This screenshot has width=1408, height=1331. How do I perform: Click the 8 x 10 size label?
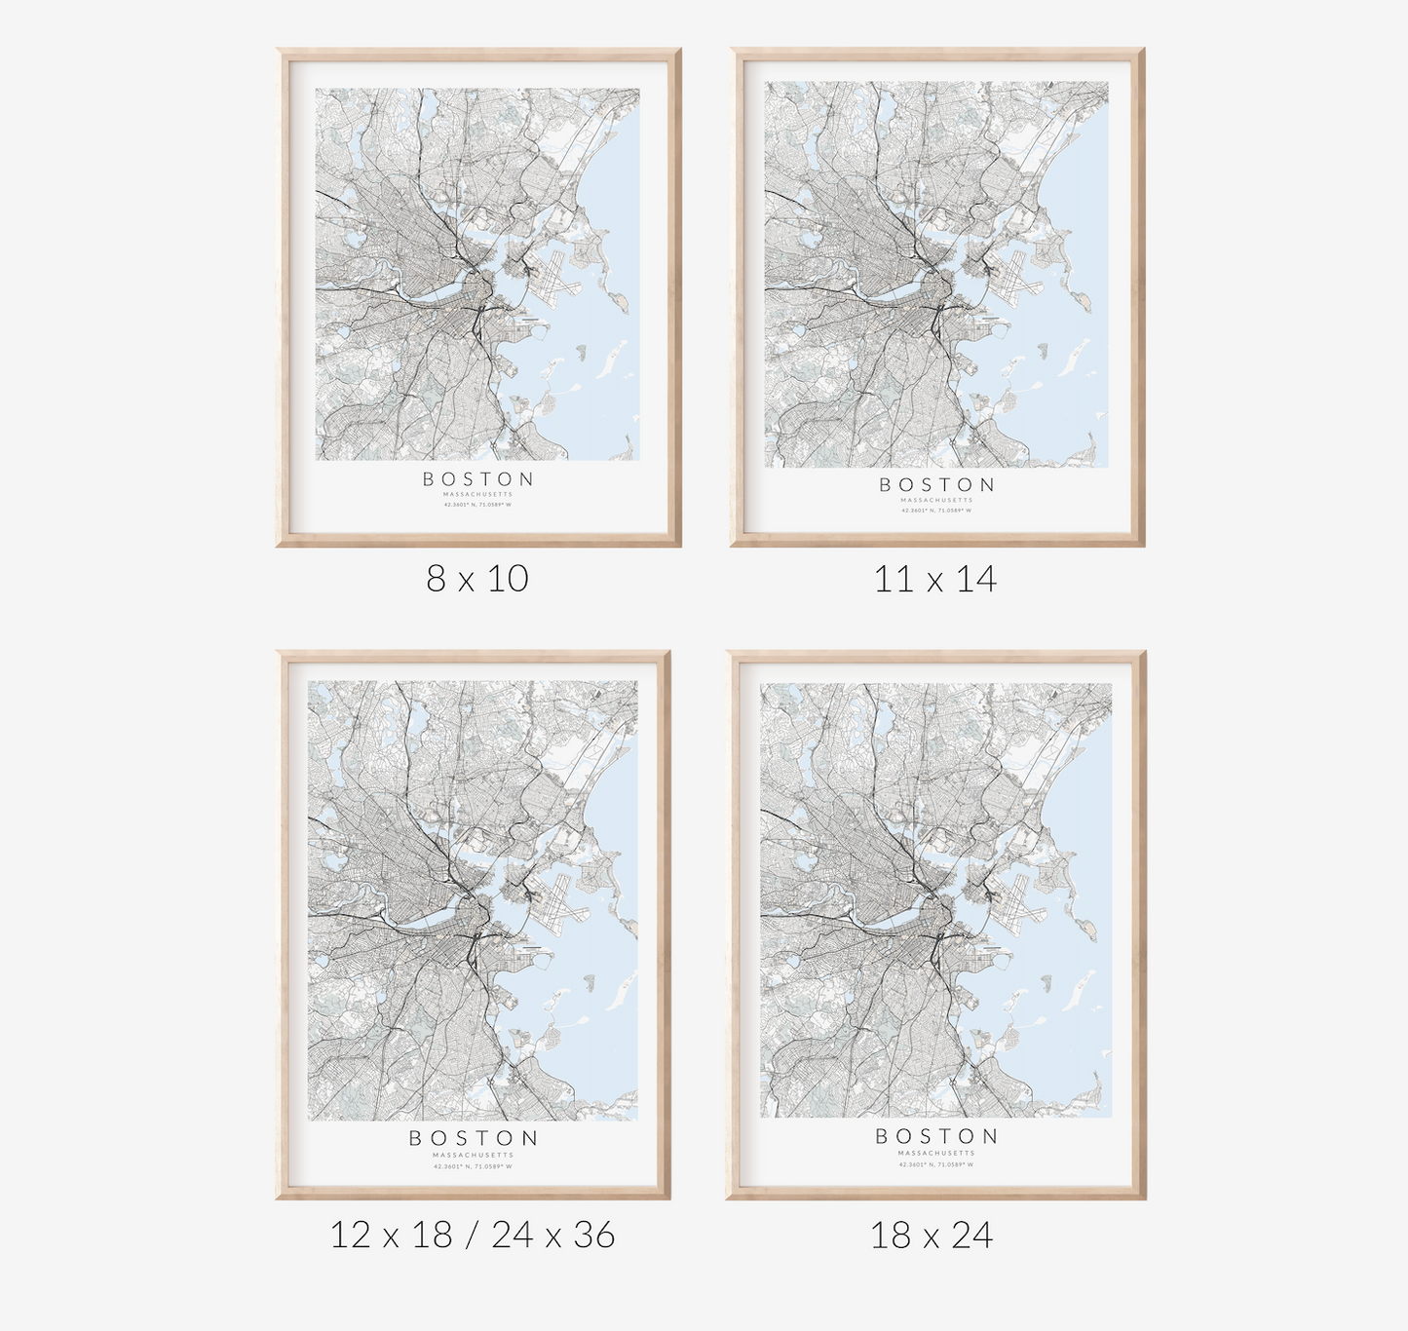click(477, 578)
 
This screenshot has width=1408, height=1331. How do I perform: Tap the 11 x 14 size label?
click(935, 580)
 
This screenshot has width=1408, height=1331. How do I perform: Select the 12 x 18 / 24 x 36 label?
click(473, 1236)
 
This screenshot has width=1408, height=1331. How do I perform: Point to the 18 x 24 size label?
click(932, 1236)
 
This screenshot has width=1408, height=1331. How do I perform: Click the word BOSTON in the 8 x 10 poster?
click(478, 479)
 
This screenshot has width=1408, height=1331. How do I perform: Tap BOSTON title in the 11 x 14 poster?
click(937, 485)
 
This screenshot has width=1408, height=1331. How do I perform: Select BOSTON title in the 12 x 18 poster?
click(474, 1138)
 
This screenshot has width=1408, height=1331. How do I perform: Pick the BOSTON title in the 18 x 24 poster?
click(936, 1136)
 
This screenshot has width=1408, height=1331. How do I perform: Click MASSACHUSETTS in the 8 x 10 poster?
click(478, 495)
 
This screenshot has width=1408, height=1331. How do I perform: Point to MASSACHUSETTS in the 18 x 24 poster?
click(936, 1153)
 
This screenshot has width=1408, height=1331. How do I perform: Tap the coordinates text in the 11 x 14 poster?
click(936, 510)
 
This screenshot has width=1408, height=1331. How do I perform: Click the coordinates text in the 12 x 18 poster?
click(473, 1166)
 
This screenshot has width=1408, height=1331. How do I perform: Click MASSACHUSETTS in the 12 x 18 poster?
click(473, 1155)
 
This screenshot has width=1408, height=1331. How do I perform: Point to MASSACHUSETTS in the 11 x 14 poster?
click(936, 500)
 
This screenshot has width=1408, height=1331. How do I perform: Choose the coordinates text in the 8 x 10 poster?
click(478, 505)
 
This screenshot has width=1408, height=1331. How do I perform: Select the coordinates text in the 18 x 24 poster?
click(936, 1164)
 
